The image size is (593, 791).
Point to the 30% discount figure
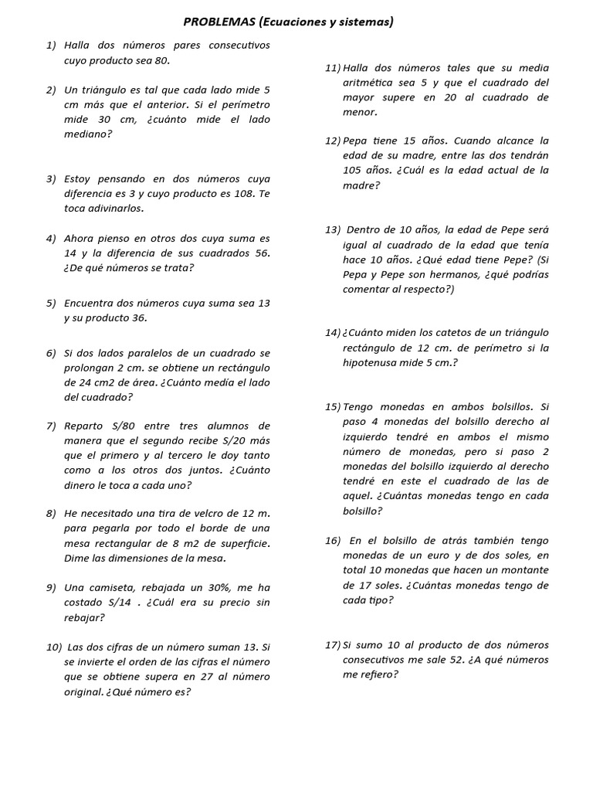click(215, 588)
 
